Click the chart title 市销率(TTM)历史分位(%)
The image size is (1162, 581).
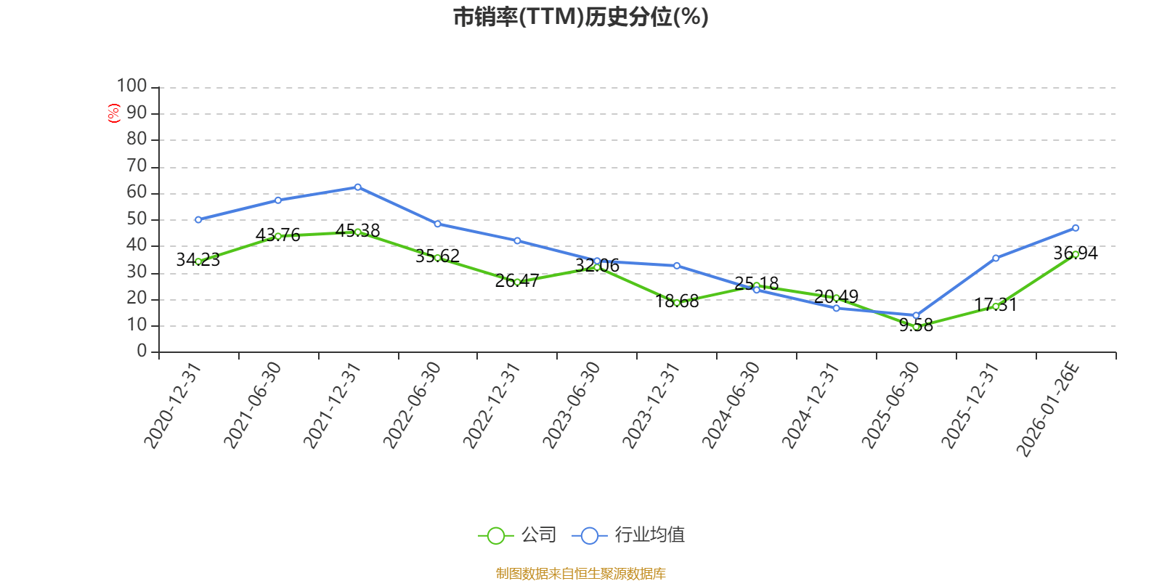[580, 17]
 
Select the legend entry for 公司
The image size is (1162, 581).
[517, 535]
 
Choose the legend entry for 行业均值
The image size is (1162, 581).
[629, 535]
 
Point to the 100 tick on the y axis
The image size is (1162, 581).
[132, 86]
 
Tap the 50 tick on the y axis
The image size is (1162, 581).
[137, 219]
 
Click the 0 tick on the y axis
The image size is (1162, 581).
[142, 352]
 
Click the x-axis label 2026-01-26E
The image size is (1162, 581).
[1048, 410]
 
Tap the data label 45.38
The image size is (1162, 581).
[357, 231]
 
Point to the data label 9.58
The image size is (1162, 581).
[916, 325]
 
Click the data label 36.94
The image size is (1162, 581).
[1076, 253]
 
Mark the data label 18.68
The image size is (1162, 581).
[677, 301]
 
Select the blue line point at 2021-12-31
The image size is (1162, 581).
[357, 187]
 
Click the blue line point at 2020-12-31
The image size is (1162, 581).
[198, 219]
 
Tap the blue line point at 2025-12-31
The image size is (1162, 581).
[996, 258]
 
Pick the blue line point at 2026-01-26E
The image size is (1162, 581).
[1076, 228]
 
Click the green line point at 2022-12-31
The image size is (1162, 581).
[517, 282]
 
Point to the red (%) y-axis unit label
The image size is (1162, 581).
[113, 113]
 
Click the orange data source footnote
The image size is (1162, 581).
[580, 574]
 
